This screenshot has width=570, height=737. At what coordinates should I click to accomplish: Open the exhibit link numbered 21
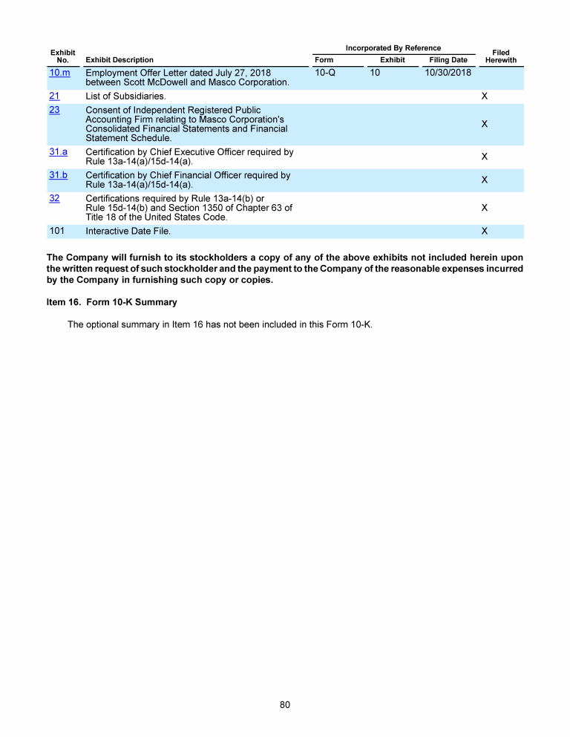pos(54,96)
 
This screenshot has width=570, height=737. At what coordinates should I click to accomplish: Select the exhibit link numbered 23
pos(54,110)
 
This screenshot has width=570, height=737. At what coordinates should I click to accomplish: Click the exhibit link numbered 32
pos(54,198)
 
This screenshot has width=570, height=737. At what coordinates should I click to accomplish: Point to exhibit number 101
pos(57,231)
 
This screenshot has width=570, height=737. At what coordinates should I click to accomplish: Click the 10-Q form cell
pos(325,73)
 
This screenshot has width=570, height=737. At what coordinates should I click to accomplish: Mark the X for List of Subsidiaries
pos(484,96)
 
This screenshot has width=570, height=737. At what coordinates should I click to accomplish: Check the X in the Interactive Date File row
pos(484,231)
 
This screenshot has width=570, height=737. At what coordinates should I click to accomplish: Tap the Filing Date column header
pos(448,60)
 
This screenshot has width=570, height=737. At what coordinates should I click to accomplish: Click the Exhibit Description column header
pos(120,60)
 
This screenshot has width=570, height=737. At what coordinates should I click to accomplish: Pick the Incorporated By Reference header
pos(393,48)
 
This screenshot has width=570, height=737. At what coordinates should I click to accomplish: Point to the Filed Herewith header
pos(500,56)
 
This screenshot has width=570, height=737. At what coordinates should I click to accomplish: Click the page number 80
pos(285,704)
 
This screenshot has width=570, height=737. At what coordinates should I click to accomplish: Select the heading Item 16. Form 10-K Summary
pos(111,303)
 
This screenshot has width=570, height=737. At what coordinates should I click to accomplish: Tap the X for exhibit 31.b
pos(484,180)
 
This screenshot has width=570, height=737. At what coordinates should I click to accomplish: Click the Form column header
pos(324,60)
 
